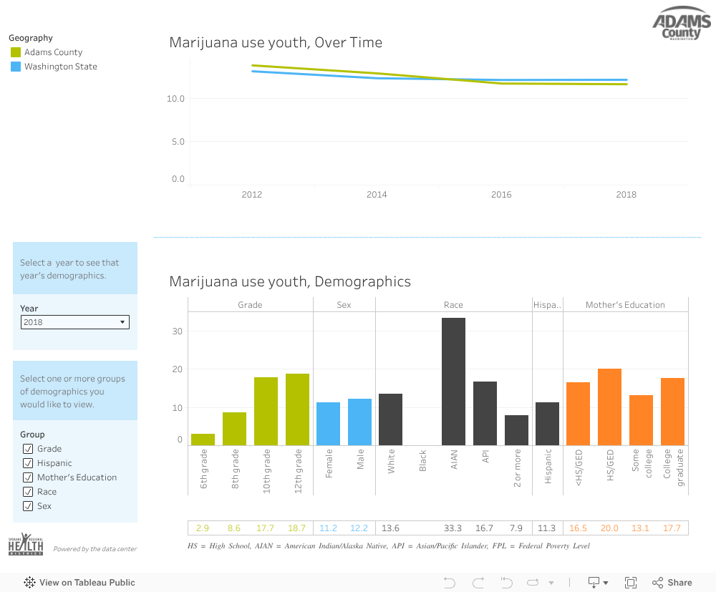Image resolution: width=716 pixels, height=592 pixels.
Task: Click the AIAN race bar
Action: (453, 382)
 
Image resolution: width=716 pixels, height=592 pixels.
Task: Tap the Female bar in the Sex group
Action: (329, 424)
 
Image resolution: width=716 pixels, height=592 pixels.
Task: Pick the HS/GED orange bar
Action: (609, 407)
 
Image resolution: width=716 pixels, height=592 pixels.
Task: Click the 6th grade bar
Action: (203, 440)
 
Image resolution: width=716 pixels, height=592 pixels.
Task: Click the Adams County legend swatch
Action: (16, 52)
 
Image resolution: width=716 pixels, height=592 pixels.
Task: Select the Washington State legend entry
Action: (60, 67)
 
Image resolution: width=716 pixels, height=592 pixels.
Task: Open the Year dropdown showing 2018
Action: (75, 322)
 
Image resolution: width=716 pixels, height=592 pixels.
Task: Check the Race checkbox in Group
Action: (28, 492)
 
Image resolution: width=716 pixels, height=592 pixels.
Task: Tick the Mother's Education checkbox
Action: (28, 477)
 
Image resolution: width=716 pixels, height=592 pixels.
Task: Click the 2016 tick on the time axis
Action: (501, 195)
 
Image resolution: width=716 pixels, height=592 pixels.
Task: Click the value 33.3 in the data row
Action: (453, 528)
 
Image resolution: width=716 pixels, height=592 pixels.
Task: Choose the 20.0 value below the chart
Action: (609, 528)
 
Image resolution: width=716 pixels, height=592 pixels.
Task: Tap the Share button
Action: (672, 583)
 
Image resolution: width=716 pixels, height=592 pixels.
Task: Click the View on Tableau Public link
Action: (79, 583)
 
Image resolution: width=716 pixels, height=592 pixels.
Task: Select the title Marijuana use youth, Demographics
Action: (290, 281)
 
